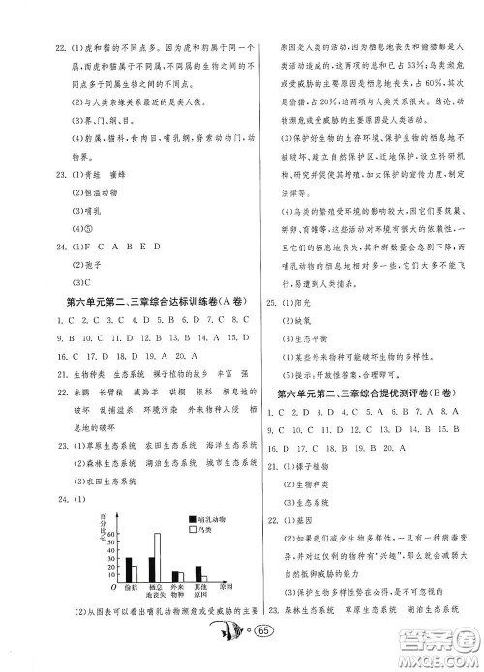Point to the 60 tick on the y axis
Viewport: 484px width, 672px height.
(112, 534)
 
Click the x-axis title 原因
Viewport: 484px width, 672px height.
(226, 586)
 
